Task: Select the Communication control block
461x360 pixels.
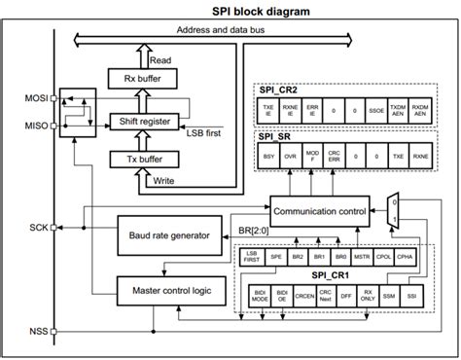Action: (x=320, y=208)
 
